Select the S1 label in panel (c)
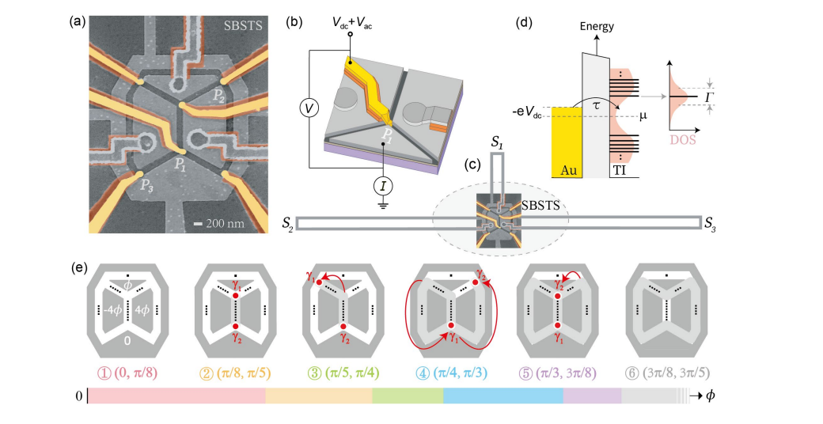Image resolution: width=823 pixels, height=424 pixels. pos(496,145)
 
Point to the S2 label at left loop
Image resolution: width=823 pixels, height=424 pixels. pos(289,225)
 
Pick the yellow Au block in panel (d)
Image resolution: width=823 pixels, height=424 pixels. pos(567,142)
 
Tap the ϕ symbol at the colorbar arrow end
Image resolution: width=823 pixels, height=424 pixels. pos(711,395)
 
